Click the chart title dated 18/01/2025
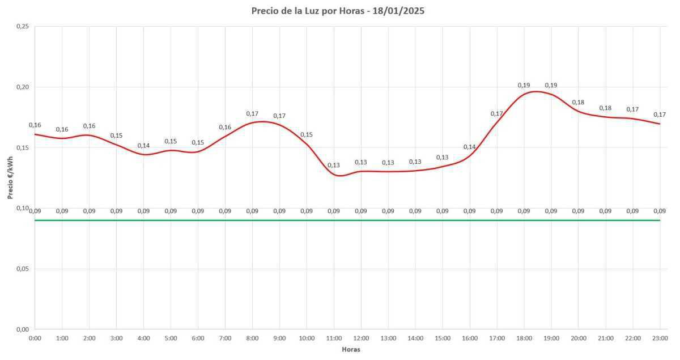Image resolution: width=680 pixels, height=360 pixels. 338,11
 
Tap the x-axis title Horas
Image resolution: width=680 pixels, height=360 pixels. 351,349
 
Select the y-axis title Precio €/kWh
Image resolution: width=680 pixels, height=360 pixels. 10,178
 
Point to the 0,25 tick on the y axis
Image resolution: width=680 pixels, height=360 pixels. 22,27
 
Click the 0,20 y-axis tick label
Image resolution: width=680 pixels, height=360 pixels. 22,87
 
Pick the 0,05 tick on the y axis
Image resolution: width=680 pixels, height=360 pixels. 22,269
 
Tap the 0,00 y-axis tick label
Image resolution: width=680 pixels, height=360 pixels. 22,329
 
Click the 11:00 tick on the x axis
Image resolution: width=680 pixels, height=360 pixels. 334,338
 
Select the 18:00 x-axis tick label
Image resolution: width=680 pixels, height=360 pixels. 524,338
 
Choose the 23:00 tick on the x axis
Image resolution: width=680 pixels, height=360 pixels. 660,338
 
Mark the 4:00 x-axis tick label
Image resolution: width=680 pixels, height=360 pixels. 143,338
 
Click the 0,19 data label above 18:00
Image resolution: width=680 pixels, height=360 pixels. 524,86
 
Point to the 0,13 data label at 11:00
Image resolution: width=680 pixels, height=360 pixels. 334,166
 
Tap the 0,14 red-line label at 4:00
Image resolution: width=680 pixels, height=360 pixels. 143,146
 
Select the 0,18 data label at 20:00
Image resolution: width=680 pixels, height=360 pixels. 578,103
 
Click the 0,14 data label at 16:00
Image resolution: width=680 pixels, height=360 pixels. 470,147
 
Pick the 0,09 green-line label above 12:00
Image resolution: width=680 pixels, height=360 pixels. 361,211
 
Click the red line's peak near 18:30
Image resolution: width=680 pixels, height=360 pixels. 535,91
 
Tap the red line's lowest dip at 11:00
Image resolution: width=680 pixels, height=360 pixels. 338,176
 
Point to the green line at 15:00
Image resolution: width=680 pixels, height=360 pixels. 443,220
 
